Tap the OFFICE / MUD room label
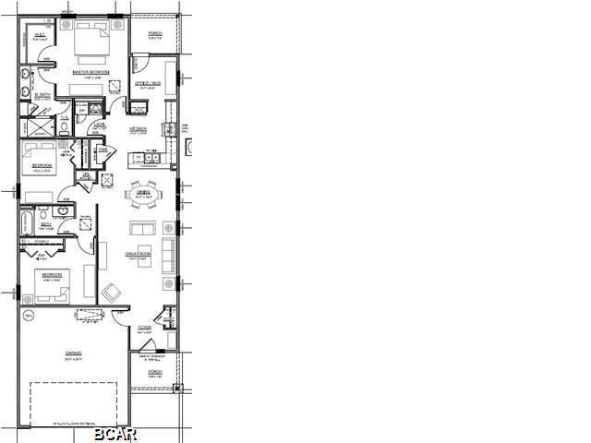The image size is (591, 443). tap(149, 84)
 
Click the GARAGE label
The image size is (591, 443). tap(73, 353)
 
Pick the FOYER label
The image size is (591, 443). tap(145, 327)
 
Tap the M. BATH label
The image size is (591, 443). tap(42, 95)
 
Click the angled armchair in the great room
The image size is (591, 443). tap(112, 293)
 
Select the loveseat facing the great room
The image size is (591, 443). tap(142, 229)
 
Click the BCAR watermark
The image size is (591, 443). tap(115, 433)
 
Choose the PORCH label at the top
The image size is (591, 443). tap(154, 33)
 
